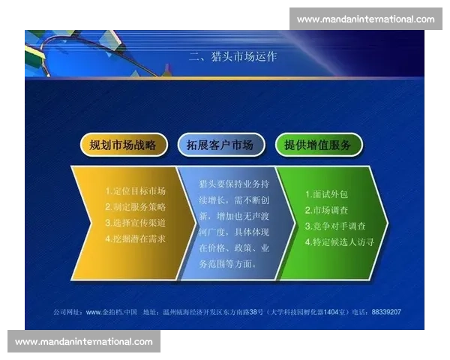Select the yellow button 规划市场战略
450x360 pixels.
[x=123, y=145]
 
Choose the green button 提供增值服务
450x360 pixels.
[x=318, y=145]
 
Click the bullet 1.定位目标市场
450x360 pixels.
[x=135, y=191]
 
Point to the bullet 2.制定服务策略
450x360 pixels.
[x=135, y=207]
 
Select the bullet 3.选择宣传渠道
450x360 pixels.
[x=135, y=223]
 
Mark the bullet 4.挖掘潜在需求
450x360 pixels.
[x=135, y=238]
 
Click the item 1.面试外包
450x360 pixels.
[x=324, y=193]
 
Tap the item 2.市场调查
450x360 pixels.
[x=324, y=210]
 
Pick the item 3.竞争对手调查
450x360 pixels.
[x=334, y=226]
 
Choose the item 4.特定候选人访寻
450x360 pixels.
[x=339, y=242]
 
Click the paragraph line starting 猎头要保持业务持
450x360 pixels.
[x=233, y=184]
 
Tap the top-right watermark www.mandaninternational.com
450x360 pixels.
[x=365, y=19]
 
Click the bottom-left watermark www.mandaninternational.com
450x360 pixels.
[x=83, y=342]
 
